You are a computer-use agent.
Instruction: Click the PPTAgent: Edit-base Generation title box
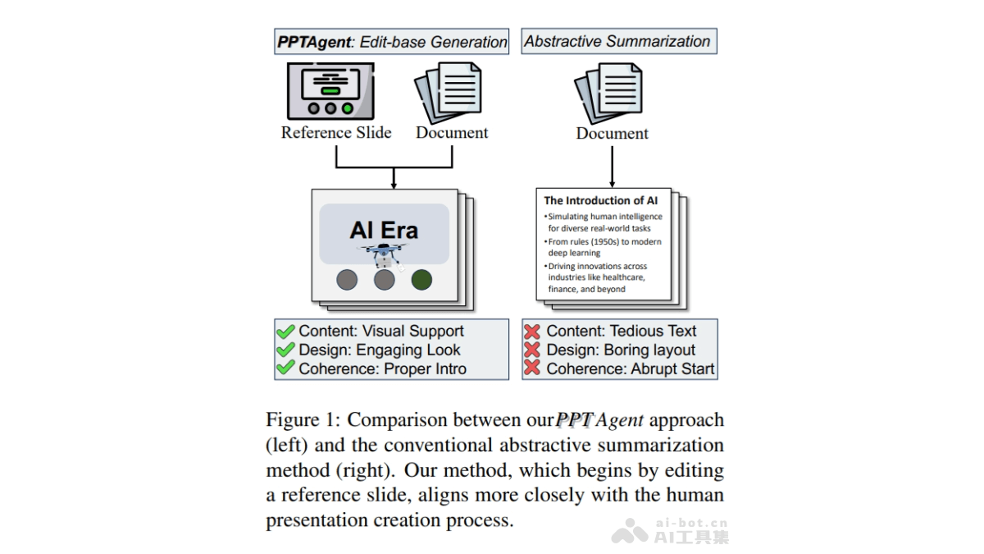(392, 42)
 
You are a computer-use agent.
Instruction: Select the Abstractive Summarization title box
(618, 42)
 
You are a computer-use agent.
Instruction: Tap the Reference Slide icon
(330, 90)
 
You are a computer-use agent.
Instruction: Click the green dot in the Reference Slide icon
(348, 108)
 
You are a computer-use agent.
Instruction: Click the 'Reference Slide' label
(336, 133)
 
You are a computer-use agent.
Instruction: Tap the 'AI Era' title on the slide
(384, 230)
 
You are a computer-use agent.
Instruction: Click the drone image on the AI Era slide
(382, 255)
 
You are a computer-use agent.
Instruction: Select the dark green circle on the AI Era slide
(421, 280)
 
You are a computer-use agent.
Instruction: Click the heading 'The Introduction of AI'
(601, 200)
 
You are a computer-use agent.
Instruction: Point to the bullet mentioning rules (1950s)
(604, 247)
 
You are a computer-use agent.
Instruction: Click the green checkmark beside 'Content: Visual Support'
(285, 332)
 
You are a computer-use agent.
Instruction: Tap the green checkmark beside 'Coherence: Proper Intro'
(285, 369)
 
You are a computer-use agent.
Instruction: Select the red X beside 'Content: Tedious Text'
(532, 332)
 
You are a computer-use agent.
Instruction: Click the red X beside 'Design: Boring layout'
(532, 350)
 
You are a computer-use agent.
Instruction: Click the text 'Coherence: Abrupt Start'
(631, 369)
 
